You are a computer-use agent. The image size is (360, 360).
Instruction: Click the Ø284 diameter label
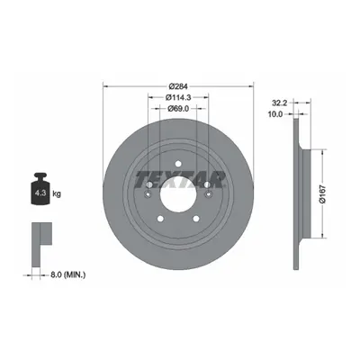[178, 86]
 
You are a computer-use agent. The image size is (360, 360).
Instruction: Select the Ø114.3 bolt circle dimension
[178, 97]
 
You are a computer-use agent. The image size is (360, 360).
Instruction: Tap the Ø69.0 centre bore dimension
[178, 109]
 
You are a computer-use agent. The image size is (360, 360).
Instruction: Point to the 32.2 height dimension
[280, 103]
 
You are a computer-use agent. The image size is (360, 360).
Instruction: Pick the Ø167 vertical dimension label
[323, 193]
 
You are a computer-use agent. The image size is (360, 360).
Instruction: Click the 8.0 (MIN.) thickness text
[67, 274]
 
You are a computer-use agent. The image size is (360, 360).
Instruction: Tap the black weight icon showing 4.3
[40, 189]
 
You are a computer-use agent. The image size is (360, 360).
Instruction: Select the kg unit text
[57, 193]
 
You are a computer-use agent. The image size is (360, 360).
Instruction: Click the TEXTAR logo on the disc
[180, 179]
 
